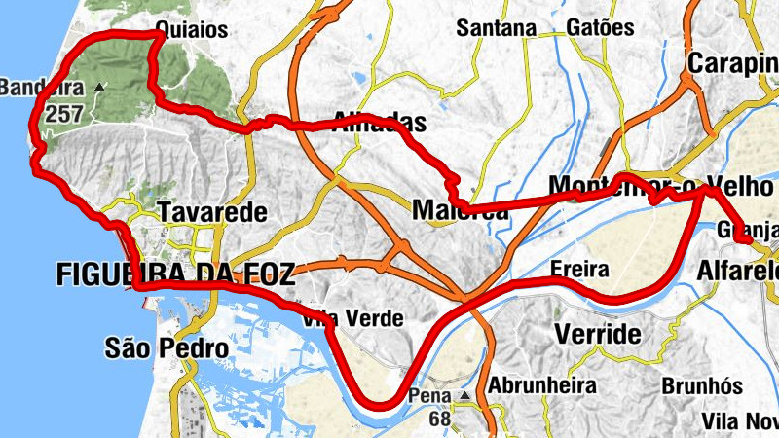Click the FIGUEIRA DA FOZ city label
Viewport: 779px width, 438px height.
[175, 274]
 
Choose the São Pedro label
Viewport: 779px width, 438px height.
[167, 347]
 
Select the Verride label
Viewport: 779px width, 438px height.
[598, 335]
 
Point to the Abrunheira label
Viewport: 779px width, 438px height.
[541, 385]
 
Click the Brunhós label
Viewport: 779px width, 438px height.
[702, 385]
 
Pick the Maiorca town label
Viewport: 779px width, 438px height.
[461, 210]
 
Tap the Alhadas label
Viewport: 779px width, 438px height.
[380, 123]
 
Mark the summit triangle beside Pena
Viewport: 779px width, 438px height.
[465, 396]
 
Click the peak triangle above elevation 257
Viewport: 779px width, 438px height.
[98, 88]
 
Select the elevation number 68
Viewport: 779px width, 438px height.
[438, 419]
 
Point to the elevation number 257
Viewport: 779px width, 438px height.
[91, 111]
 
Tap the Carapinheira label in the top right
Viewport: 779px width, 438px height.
[733, 64]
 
